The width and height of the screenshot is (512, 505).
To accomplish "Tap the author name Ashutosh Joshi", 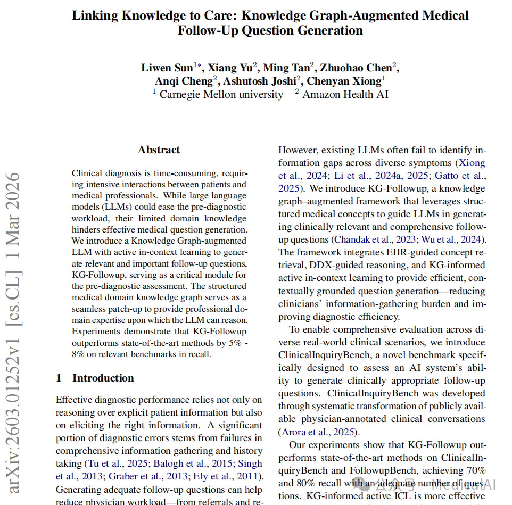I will (x=259, y=81).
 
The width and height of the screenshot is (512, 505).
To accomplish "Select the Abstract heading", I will (x=159, y=150).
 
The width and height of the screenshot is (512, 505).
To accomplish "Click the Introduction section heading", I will (x=103, y=378).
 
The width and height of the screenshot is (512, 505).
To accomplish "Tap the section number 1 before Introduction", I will (x=59, y=378).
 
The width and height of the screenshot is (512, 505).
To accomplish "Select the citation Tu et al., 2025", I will (x=115, y=463).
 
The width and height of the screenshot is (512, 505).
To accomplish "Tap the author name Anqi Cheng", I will (x=184, y=81).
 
